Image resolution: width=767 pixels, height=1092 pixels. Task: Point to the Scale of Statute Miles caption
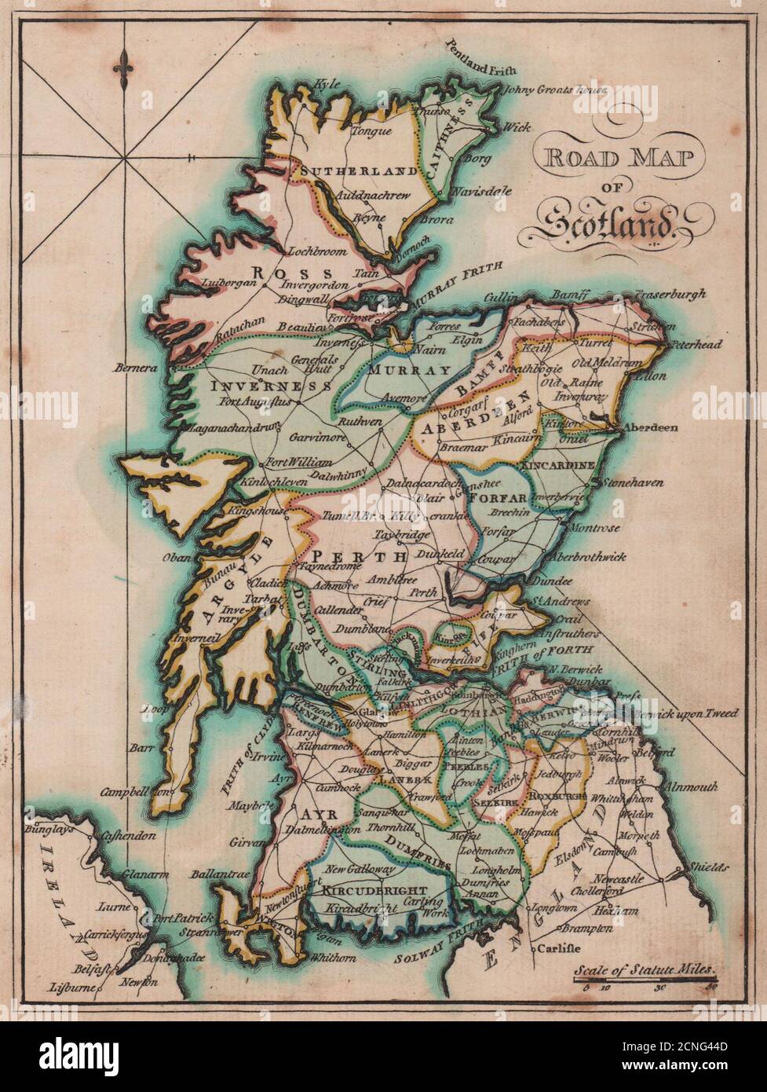pos(645,971)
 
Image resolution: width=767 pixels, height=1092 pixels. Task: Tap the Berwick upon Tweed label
pos(688,713)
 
